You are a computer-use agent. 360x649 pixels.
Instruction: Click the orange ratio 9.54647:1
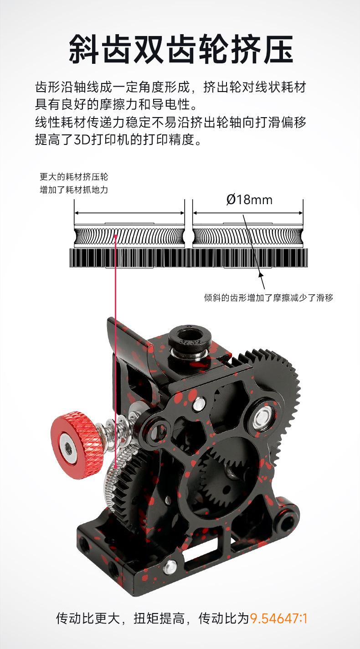point(279,618)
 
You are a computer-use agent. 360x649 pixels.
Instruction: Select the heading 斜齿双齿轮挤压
point(180,49)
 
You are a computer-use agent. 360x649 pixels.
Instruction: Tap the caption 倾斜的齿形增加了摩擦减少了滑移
point(268,298)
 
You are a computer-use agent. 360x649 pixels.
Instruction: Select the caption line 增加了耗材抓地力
point(74,189)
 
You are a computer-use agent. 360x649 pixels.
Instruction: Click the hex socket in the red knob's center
point(68,444)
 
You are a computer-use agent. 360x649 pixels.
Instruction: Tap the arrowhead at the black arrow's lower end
point(261,273)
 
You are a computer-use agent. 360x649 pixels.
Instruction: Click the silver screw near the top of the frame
point(199,403)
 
